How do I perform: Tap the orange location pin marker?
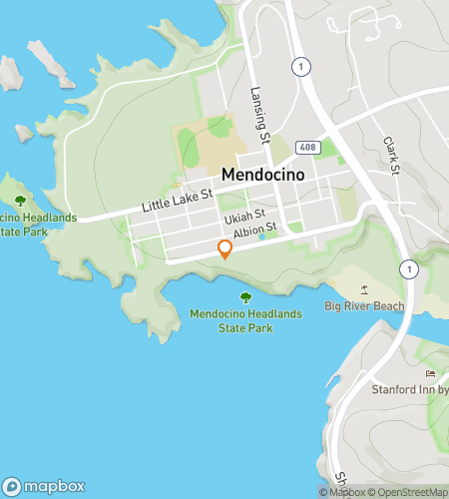(225, 249)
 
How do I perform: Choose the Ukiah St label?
(244, 215)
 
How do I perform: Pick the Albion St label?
(253, 231)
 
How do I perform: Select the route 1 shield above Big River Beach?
(407, 269)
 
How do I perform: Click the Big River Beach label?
(365, 306)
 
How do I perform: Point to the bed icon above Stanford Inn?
(431, 373)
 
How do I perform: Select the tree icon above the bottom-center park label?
(245, 296)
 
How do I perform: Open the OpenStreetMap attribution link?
(409, 491)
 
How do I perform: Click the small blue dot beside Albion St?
(261, 238)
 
